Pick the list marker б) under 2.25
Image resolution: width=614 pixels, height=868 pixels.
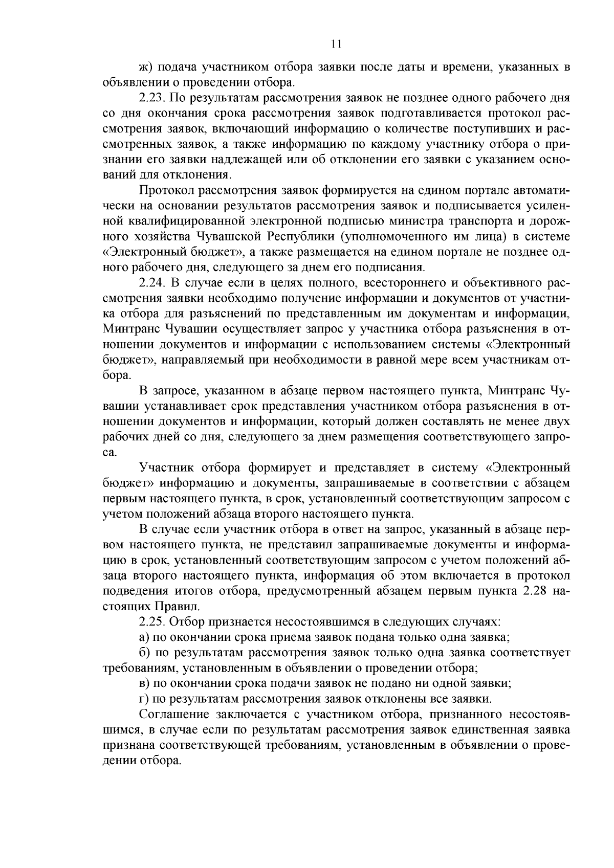coord(144,653)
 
